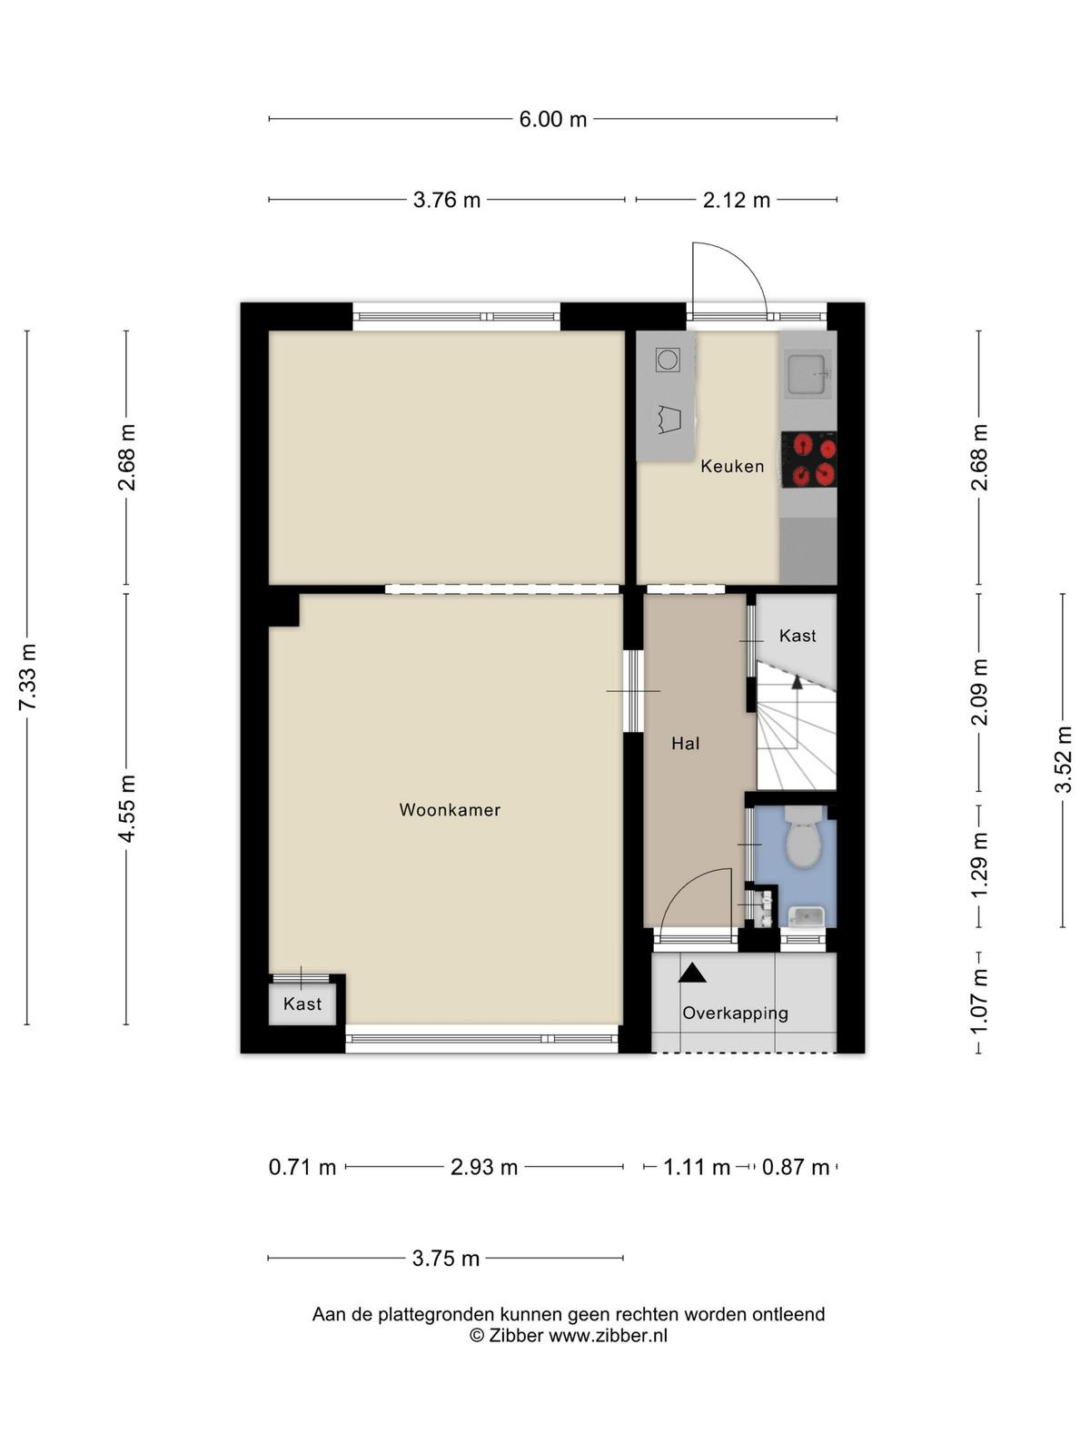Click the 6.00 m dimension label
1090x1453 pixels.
point(552,119)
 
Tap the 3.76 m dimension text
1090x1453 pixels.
point(447,200)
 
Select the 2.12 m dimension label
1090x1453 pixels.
point(737,200)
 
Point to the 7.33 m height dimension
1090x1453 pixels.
point(28,677)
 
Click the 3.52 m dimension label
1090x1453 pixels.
point(1063,759)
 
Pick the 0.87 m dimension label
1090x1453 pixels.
point(796,1167)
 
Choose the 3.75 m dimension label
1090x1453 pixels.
point(445,1258)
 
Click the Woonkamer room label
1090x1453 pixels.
point(450,809)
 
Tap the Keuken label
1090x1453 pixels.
point(732,466)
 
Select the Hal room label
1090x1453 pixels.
point(685,744)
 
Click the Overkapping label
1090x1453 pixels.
point(735,1013)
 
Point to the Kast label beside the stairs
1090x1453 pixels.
point(798,636)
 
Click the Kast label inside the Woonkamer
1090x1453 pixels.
point(302,1003)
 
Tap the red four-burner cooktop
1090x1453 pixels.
point(808,460)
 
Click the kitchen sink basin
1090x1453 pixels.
point(807,374)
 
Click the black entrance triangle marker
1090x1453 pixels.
point(692,973)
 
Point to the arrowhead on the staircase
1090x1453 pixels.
point(797,683)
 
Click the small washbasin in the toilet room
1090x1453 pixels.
point(805,916)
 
